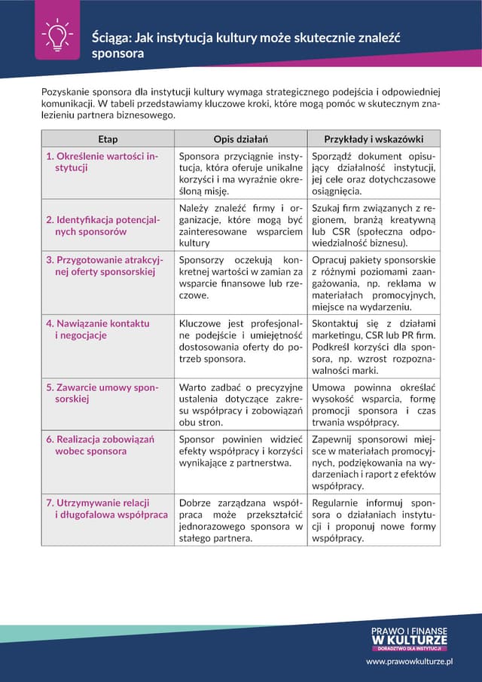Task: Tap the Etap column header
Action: click(108, 139)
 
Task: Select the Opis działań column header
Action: click(241, 139)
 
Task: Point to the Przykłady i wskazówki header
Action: click(374, 139)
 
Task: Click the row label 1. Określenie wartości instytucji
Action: click(102, 162)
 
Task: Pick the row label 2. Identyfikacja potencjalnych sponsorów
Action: click(103, 225)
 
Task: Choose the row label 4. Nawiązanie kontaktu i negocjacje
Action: click(98, 329)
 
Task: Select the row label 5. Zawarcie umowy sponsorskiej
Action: click(102, 393)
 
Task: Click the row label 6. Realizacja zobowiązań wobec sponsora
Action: click(100, 445)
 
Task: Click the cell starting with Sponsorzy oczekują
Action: click(241, 277)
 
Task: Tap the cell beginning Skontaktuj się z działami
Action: click(374, 347)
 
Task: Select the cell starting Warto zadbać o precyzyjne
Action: click(241, 405)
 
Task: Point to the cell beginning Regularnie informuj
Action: click(374, 520)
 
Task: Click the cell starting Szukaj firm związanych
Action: click(374, 225)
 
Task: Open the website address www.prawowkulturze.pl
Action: click(409, 661)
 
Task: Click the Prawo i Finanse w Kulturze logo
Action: click(409, 638)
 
